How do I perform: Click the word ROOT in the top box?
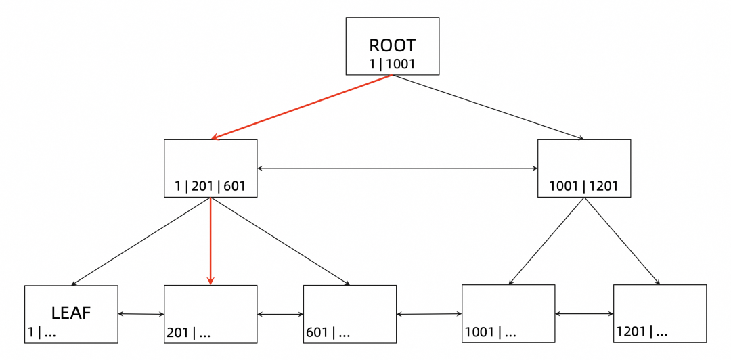click(x=392, y=45)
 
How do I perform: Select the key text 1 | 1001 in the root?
click(x=392, y=64)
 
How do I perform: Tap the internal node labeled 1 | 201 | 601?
click(x=211, y=168)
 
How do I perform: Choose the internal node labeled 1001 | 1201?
click(x=583, y=168)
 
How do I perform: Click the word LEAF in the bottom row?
click(x=71, y=313)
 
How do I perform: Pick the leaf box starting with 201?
click(x=211, y=314)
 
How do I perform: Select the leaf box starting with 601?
click(x=349, y=314)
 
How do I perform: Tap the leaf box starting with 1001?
click(x=508, y=314)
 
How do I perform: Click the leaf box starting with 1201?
click(x=659, y=314)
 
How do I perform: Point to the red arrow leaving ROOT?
click(x=302, y=107)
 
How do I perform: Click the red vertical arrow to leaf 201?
click(x=211, y=241)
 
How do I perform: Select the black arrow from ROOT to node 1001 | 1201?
click(x=487, y=107)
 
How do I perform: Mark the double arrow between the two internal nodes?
click(x=397, y=168)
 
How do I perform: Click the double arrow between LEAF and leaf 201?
click(x=141, y=314)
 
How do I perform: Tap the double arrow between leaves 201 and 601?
click(x=280, y=314)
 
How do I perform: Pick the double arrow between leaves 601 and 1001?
click(x=428, y=314)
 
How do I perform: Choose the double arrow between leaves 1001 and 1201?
click(x=583, y=314)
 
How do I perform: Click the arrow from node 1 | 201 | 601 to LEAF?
click(x=141, y=241)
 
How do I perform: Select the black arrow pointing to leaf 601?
click(x=280, y=241)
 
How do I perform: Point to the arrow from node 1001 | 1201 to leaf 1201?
click(x=621, y=241)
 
